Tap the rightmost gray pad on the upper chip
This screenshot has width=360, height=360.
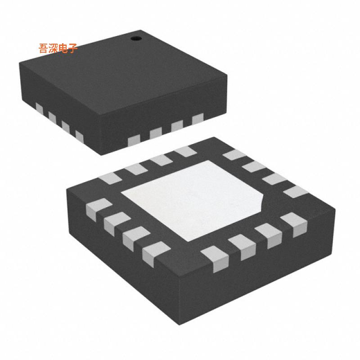click(x=198, y=119)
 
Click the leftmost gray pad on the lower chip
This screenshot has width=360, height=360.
click(x=91, y=209)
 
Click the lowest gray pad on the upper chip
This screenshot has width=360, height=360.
click(x=135, y=140)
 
